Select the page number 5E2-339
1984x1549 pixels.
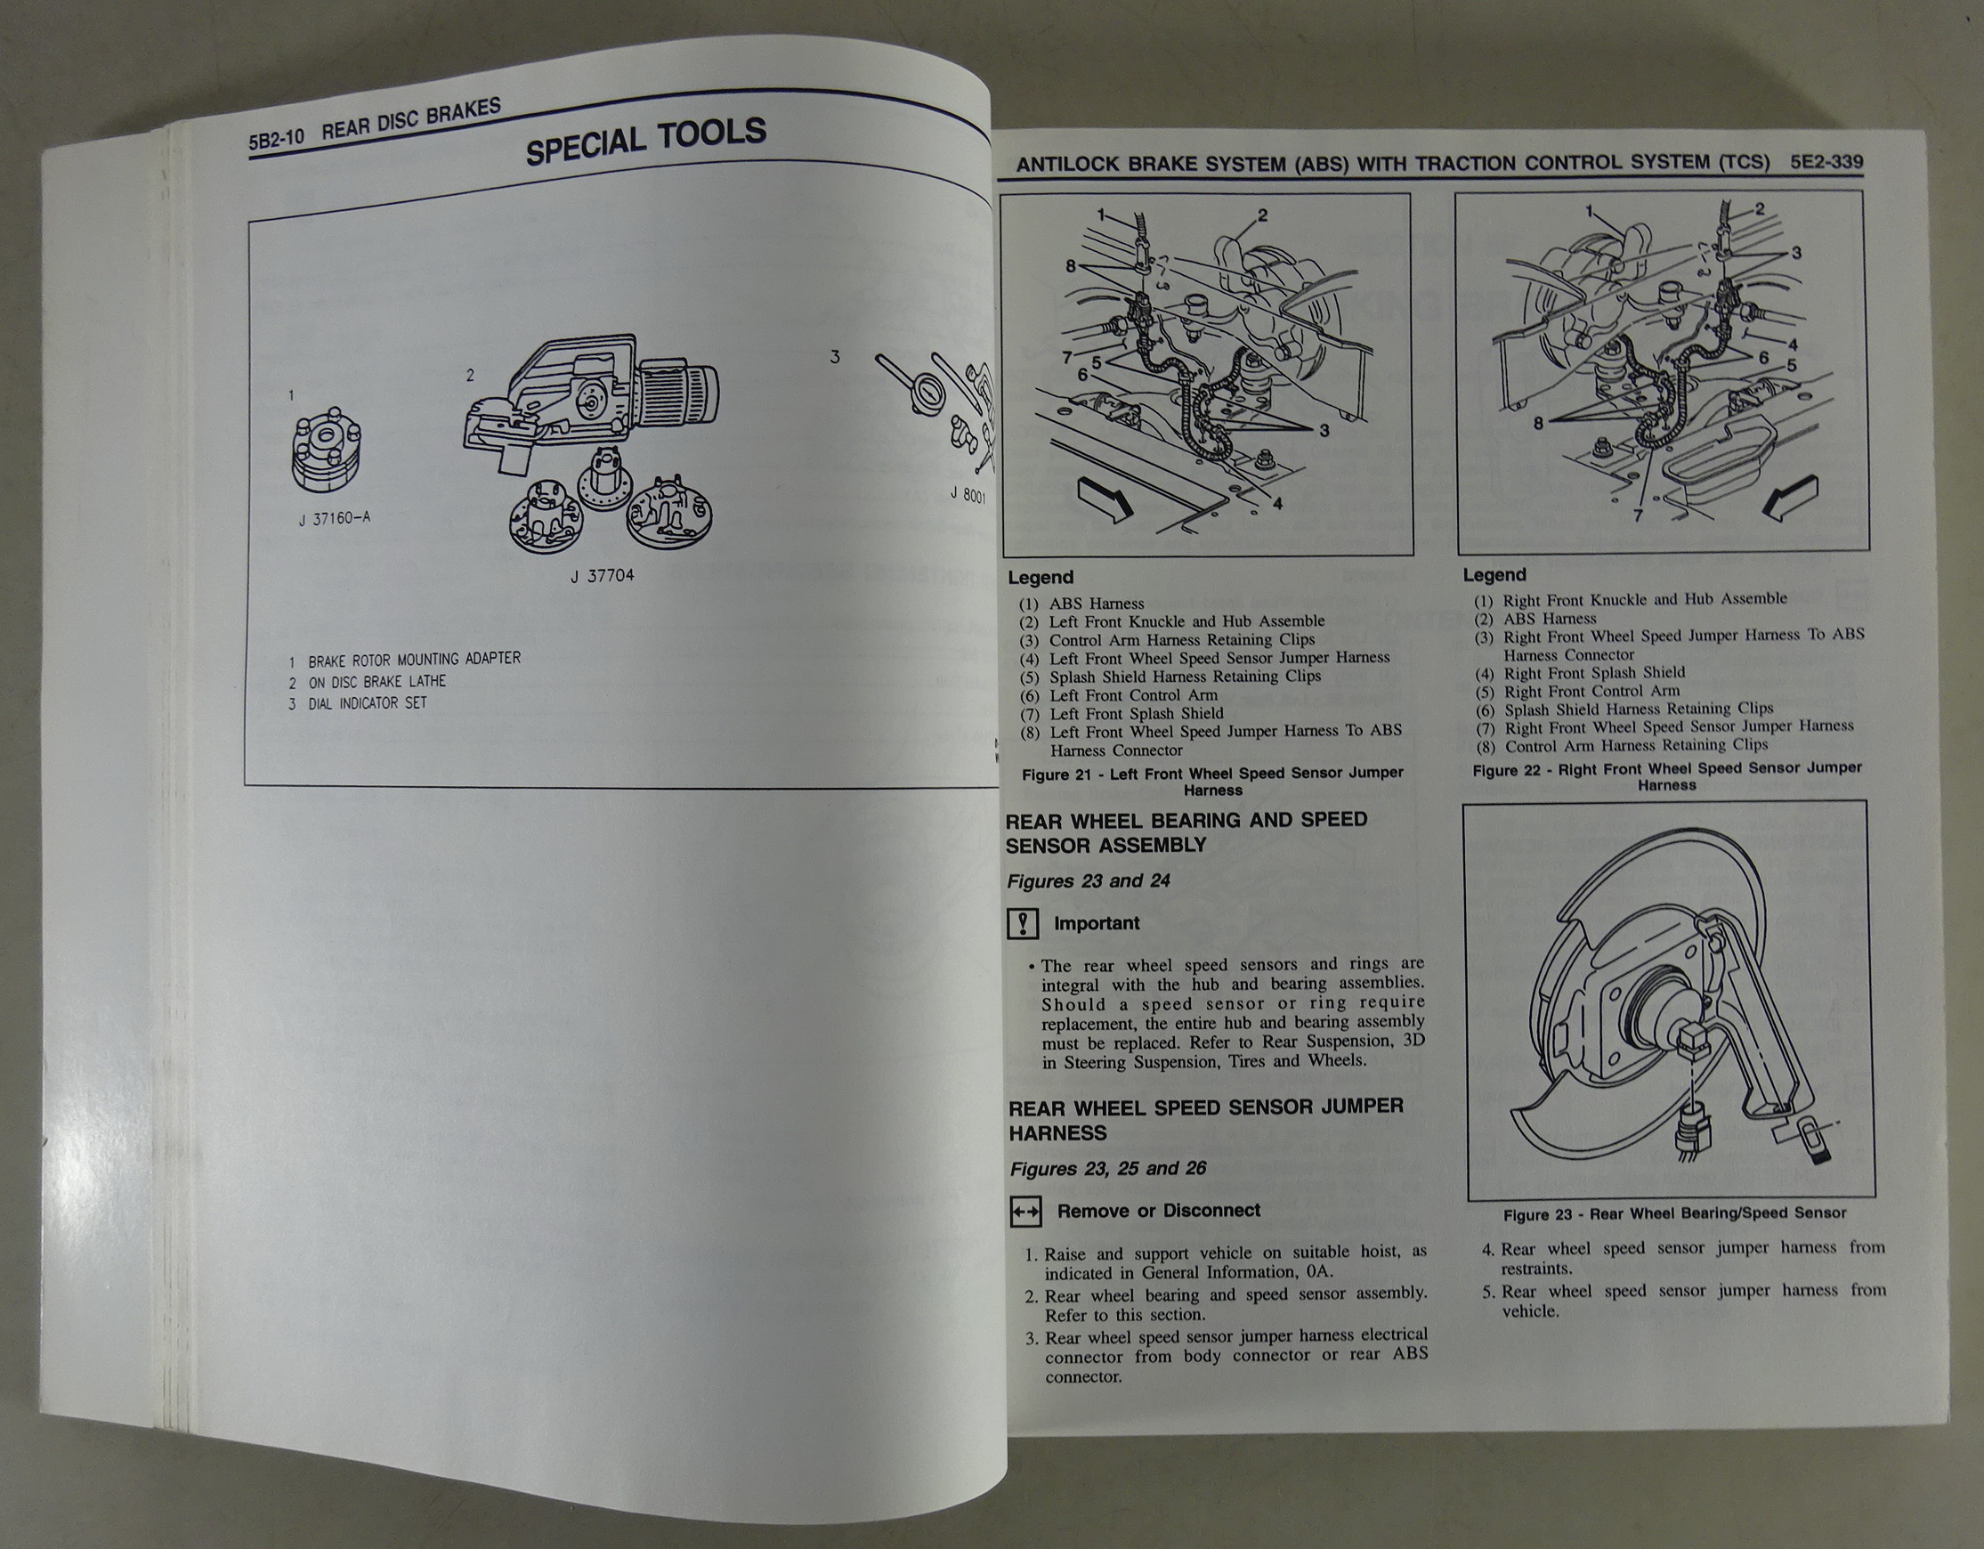(x=1826, y=163)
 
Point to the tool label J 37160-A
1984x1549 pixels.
(x=335, y=519)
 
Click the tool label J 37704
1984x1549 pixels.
(x=603, y=575)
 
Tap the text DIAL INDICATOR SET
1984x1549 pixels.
(x=367, y=703)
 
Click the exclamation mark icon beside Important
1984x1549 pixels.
(x=1023, y=924)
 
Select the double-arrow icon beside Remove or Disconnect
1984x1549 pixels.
(x=1025, y=1212)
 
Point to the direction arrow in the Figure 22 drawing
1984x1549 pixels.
(x=1791, y=499)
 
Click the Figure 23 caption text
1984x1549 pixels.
(x=1674, y=1213)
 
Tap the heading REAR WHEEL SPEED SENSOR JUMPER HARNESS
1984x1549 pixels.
(x=1205, y=1120)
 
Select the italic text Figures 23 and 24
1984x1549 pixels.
(x=1089, y=881)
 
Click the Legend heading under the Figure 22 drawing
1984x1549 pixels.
(x=1494, y=575)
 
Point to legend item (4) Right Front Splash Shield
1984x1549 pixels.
(x=1580, y=673)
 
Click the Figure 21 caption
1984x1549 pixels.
(x=1213, y=782)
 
